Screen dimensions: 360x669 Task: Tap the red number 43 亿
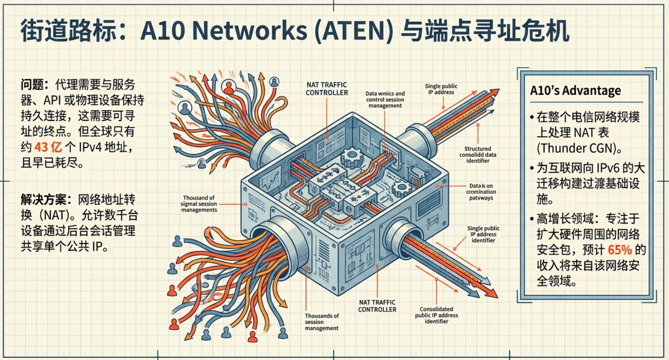click(48, 147)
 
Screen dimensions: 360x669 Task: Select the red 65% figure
click(619, 250)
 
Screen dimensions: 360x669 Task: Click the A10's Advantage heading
click(575, 91)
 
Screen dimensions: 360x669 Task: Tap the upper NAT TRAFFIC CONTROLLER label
click(326, 89)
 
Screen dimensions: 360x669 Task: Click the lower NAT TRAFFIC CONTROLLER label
click(377, 305)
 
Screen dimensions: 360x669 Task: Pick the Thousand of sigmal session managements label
click(199, 204)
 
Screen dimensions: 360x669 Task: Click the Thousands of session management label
click(322, 322)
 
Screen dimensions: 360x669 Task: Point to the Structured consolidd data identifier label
click(477, 154)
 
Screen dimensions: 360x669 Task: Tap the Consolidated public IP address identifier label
click(436, 315)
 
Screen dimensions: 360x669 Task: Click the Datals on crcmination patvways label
click(481, 192)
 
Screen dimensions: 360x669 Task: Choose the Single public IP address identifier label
click(483, 234)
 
